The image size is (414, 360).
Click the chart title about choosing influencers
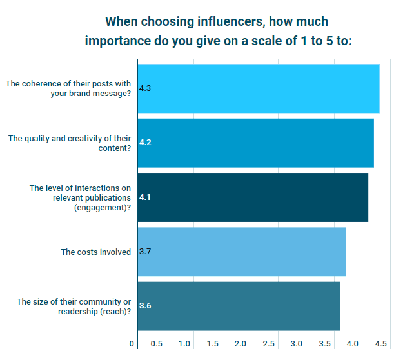(217, 30)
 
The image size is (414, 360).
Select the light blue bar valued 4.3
(258, 88)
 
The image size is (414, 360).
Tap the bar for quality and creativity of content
(255, 143)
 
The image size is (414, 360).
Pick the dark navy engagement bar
(253, 197)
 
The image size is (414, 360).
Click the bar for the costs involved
(242, 252)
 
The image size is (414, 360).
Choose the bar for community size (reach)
(239, 306)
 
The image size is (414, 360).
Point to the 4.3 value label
(145, 88)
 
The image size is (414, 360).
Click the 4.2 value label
(145, 143)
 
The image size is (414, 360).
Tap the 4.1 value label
(145, 197)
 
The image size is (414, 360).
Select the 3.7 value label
(145, 252)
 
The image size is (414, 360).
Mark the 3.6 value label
(145, 306)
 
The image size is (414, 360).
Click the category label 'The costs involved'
(96, 252)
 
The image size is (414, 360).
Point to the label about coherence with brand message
(68, 88)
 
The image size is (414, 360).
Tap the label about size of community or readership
(74, 306)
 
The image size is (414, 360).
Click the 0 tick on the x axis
(132, 343)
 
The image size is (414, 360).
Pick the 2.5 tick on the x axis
(269, 343)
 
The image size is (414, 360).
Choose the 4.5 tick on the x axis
(381, 343)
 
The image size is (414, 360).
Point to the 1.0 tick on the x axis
(184, 343)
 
